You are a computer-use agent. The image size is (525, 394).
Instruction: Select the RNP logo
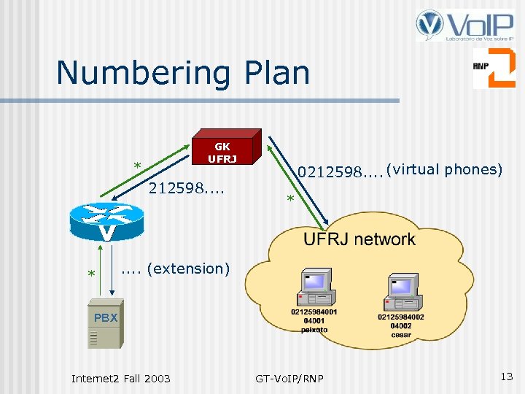tap(493, 68)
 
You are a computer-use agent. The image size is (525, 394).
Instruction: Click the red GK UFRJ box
tap(222, 148)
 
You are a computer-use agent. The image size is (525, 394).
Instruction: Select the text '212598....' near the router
tap(186, 190)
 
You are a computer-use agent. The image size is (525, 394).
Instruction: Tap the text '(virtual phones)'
tap(444, 169)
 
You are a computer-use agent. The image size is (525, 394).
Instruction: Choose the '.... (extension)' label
tap(175, 269)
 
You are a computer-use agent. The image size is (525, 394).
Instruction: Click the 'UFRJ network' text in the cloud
tap(359, 239)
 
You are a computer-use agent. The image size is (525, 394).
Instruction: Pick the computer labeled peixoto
tap(315, 287)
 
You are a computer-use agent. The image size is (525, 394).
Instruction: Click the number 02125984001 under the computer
tap(314, 312)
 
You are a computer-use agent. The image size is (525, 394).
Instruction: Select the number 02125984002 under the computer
tap(401, 317)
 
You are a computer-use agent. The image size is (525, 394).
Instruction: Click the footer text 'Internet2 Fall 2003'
tap(120, 378)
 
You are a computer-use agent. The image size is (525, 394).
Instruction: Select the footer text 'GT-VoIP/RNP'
tap(289, 378)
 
